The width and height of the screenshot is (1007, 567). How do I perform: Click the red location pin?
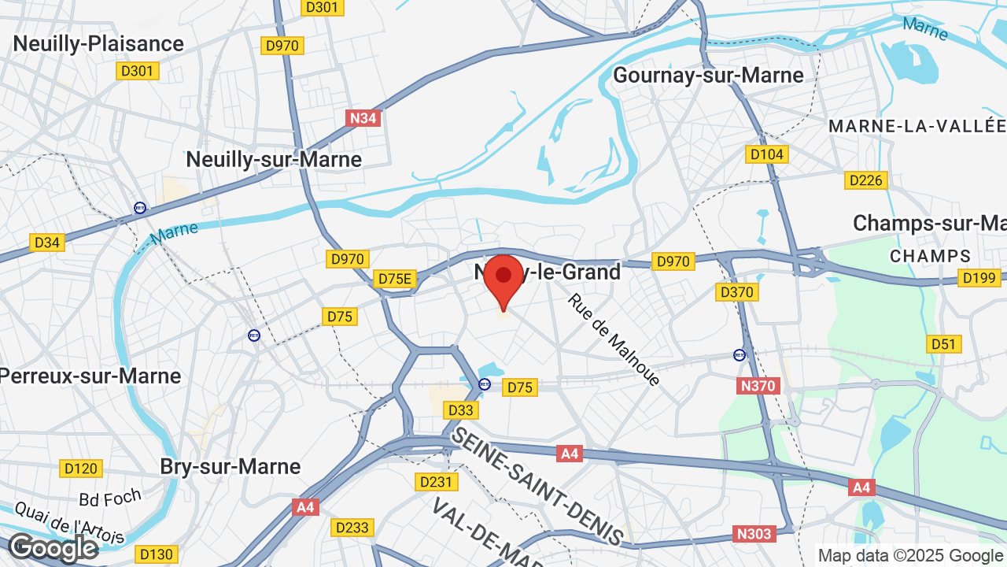tap(503, 280)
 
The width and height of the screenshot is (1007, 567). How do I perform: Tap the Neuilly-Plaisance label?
tap(98, 43)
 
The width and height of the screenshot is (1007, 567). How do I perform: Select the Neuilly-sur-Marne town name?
tap(274, 159)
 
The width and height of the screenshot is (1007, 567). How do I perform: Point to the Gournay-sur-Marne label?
tap(708, 75)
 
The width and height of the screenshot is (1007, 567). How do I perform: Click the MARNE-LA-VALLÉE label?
tap(917, 126)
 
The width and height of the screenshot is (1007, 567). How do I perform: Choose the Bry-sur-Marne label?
tap(231, 466)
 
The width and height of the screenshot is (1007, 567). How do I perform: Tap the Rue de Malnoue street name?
tap(614, 340)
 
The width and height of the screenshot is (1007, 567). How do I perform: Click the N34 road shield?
tap(363, 118)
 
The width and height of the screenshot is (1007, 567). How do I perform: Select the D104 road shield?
tap(767, 154)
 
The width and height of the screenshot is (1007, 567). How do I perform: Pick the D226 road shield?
tap(866, 180)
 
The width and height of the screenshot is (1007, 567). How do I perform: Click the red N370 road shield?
tap(758, 386)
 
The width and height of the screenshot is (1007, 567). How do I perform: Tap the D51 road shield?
tap(943, 344)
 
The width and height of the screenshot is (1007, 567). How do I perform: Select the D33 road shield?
tap(461, 410)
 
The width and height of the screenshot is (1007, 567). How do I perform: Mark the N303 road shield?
tap(754, 534)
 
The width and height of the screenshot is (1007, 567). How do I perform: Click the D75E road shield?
tap(395, 279)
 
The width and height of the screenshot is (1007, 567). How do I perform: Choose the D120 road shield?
tap(81, 469)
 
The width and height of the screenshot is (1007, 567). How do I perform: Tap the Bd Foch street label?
tap(110, 497)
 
